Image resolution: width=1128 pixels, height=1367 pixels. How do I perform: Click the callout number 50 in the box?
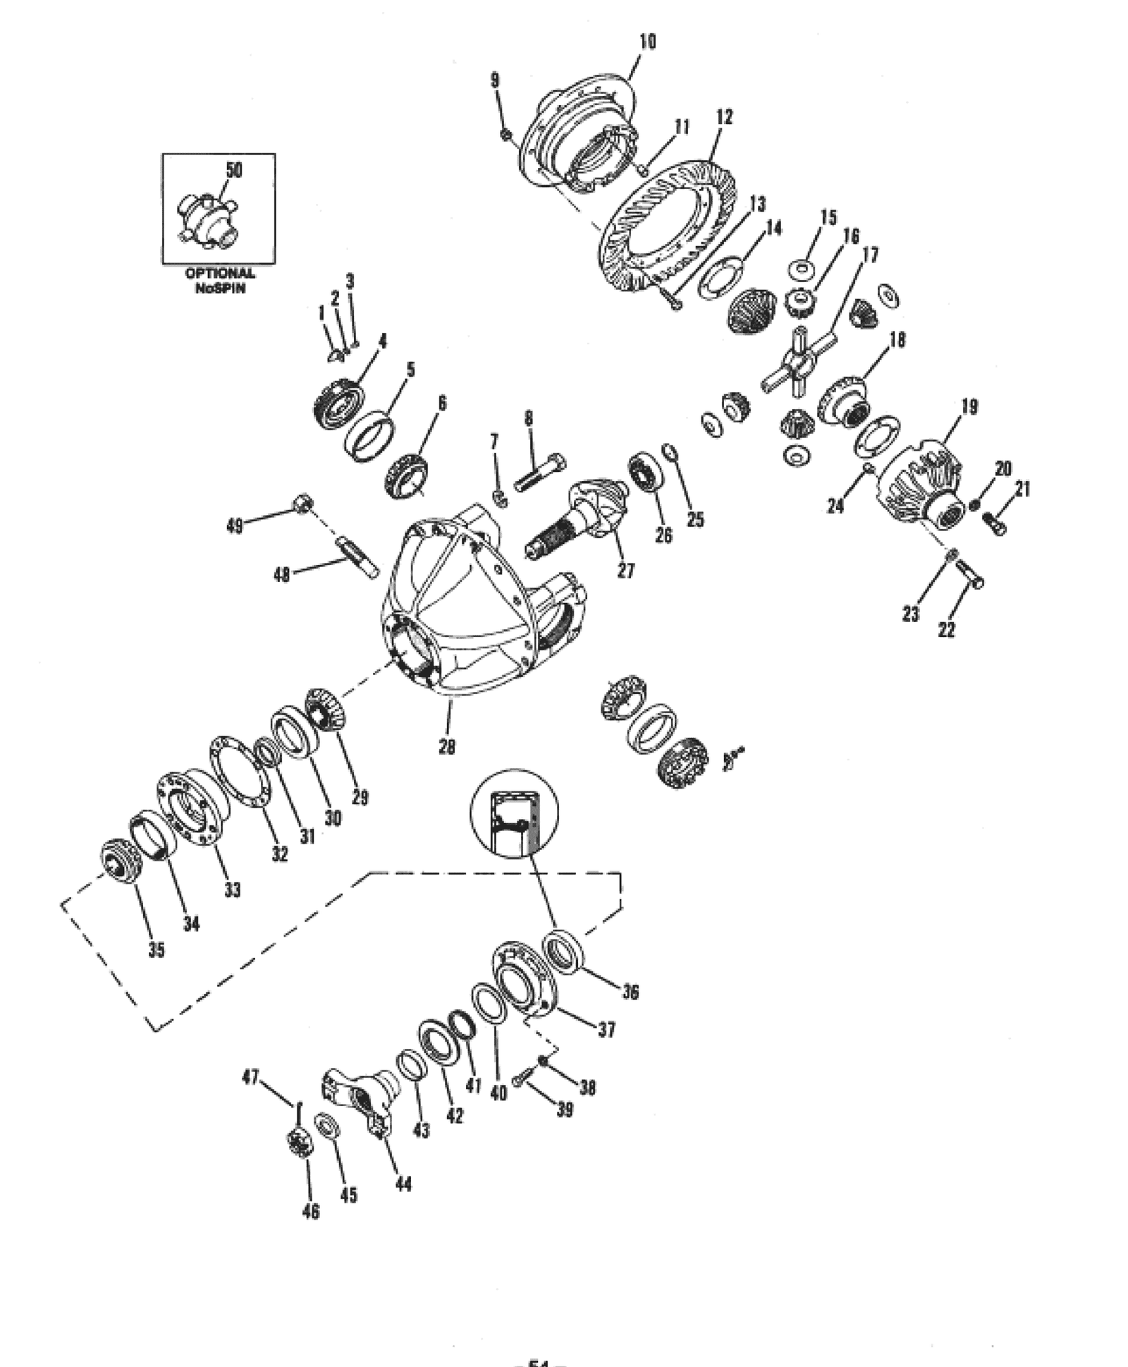pyautogui.click(x=233, y=170)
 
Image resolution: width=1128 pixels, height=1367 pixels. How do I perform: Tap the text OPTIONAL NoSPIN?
pyautogui.click(x=220, y=280)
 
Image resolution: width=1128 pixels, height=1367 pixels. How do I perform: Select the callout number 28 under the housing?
pyautogui.click(x=446, y=746)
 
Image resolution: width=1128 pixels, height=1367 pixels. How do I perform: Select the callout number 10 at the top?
pyautogui.click(x=646, y=42)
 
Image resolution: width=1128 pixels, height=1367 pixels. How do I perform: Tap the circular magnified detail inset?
pyautogui.click(x=514, y=813)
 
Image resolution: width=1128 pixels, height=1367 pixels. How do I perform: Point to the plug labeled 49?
pyautogui.click(x=302, y=503)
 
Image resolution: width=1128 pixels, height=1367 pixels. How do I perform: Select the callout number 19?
pyautogui.click(x=969, y=407)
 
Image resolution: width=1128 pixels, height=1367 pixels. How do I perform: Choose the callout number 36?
pyautogui.click(x=630, y=992)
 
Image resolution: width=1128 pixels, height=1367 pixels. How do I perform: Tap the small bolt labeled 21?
pyautogui.click(x=993, y=523)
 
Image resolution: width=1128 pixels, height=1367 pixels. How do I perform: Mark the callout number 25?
pyautogui.click(x=694, y=520)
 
